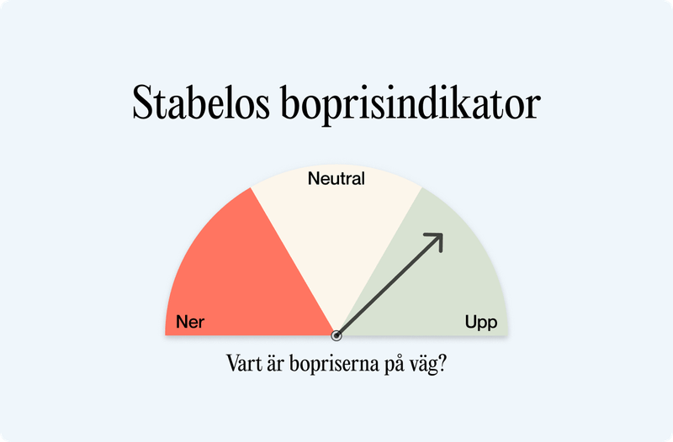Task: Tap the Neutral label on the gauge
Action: pos(336,179)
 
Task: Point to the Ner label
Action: pos(190,322)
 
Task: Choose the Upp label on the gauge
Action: pos(481,322)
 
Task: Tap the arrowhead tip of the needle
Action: pos(442,234)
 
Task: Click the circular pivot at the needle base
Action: pos(336,335)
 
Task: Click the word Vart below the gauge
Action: pos(244,366)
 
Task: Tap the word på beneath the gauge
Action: pos(395,367)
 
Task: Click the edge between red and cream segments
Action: pos(294,262)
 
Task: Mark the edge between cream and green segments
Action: pos(379,262)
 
